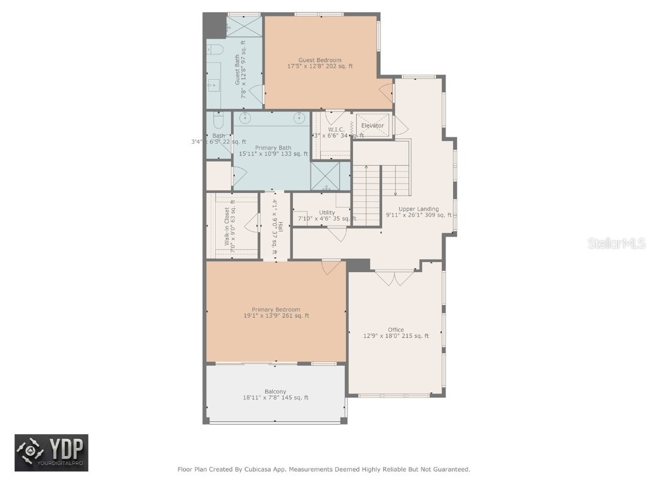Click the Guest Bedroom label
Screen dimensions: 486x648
[320, 60]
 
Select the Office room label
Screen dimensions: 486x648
[396, 330]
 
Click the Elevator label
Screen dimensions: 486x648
[372, 125]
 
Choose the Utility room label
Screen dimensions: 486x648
[327, 213]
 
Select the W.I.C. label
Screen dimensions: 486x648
[335, 129]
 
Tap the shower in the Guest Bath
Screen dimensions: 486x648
[244, 27]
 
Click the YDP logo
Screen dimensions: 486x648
[52, 452]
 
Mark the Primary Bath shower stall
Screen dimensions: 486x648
[329, 177]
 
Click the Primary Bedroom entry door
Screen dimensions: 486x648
[330, 267]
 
